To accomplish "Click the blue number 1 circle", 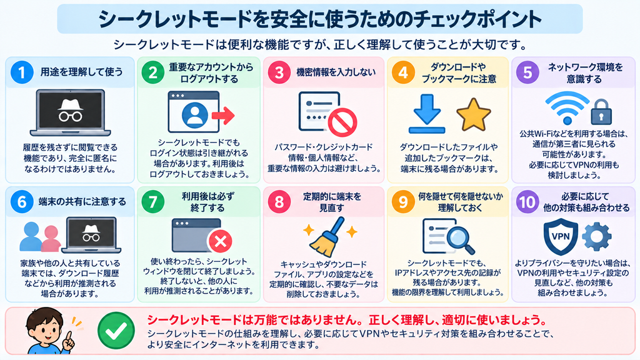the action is pyautogui.click(x=22, y=72).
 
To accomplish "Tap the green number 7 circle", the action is pyautogui.click(x=152, y=202).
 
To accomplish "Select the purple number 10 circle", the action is pyautogui.click(x=527, y=202).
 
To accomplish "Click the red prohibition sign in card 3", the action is pyautogui.click(x=342, y=122).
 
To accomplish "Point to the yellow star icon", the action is pyautogui.click(x=474, y=115).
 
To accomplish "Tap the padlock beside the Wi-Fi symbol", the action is pyautogui.click(x=601, y=111).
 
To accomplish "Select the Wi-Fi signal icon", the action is pyautogui.click(x=567, y=107).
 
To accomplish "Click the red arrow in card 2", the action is pyautogui.click(x=223, y=116).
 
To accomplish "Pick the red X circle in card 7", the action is pyautogui.click(x=221, y=241).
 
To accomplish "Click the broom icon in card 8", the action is pyautogui.click(x=327, y=237).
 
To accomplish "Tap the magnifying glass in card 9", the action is pyautogui.click(x=460, y=238).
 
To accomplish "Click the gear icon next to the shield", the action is pyautogui.click(x=596, y=236).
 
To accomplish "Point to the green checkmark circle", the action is pyautogui.click(x=116, y=331).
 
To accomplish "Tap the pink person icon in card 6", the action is pyautogui.click(x=51, y=239).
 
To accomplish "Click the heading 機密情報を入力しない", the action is pyautogui.click(x=336, y=72).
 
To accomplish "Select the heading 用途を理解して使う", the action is pyautogui.click(x=82, y=72).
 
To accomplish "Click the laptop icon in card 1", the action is pyautogui.click(x=70, y=112).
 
